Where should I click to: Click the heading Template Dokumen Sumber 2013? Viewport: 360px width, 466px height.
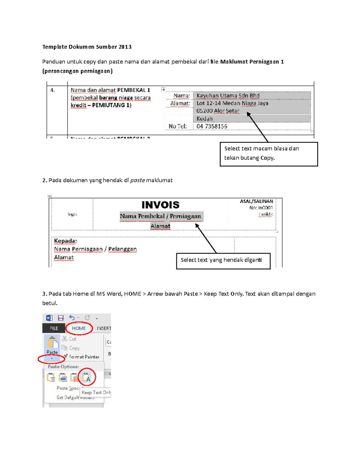pos(87,47)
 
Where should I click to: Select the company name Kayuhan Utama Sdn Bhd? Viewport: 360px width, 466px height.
pos(228,96)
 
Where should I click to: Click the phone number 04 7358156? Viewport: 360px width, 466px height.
pos(211,126)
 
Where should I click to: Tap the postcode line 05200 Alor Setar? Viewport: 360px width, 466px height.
pos(218,111)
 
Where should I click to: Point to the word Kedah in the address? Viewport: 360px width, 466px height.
pos(204,119)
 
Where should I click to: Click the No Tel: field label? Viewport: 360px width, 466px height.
pos(178,126)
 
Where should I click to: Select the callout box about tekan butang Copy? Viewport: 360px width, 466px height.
pos(268,154)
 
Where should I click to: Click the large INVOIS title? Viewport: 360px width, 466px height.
pos(160,205)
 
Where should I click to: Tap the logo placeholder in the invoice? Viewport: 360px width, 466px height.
pos(72,214)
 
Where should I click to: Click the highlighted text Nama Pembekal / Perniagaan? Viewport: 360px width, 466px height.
pos(160,216)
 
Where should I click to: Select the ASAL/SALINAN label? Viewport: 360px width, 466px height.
pos(256,201)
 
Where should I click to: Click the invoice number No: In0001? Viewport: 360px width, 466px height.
pos(261,208)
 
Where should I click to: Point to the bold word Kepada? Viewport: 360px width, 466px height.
pos(65,241)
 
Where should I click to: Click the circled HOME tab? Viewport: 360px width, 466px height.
pos(79,328)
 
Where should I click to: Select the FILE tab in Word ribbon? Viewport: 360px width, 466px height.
pos(54,328)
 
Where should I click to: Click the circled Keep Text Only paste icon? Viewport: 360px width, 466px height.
pos(86,377)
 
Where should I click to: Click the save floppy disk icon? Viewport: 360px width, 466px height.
pos(61,318)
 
